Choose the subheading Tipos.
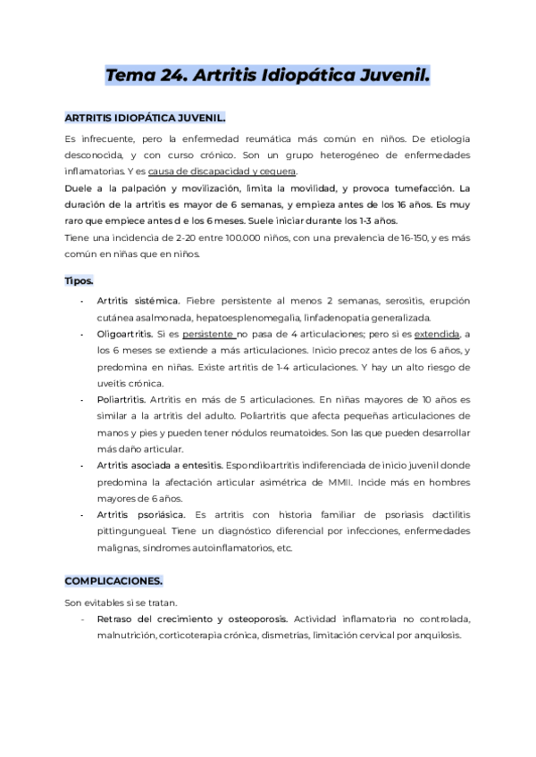click(79, 280)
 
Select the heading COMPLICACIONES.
click(113, 579)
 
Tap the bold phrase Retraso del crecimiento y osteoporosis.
click(191, 619)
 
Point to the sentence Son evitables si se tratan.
click(113, 603)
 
